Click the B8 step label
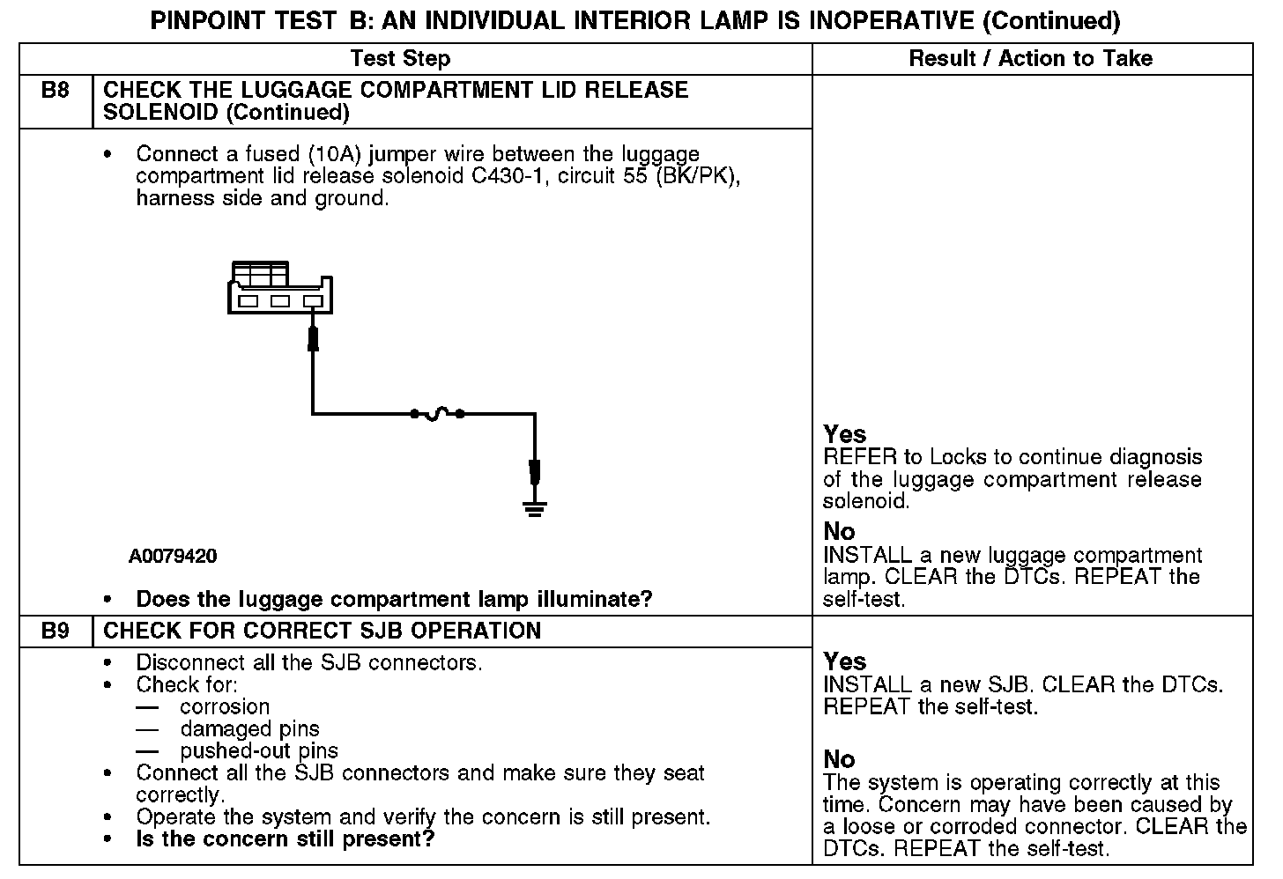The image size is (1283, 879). point(56,91)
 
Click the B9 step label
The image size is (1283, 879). point(56,632)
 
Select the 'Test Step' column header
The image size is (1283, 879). point(400,59)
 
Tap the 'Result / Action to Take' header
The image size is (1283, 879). point(1030,59)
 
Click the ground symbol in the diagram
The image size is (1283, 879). point(534,507)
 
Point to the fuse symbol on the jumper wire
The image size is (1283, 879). point(437,412)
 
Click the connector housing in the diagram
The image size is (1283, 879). point(280,288)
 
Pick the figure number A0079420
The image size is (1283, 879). point(173,557)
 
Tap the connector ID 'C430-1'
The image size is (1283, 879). point(507,177)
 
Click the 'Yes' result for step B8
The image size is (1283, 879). point(844,434)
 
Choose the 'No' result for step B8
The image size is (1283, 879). point(839,532)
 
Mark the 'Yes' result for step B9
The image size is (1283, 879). point(844,661)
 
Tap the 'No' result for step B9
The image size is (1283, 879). point(839,759)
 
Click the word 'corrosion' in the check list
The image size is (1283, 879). point(225,707)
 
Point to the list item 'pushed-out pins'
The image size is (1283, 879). point(259,751)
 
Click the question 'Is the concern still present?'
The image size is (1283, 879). point(286,839)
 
